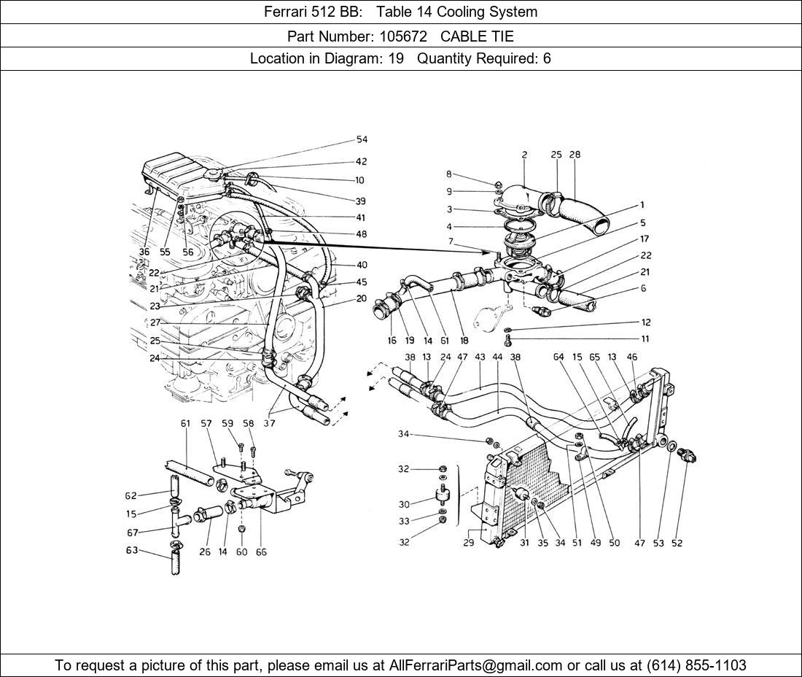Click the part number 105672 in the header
[403, 36]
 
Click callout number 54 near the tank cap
[362, 140]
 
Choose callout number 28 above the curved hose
[575, 155]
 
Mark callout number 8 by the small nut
[449, 174]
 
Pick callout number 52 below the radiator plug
[677, 543]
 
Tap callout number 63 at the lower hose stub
[131, 550]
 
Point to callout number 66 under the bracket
[261, 552]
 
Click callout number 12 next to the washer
[646, 322]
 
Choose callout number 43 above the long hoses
[479, 357]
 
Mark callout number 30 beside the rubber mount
[403, 504]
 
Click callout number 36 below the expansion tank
[144, 252]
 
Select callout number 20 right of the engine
[362, 298]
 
